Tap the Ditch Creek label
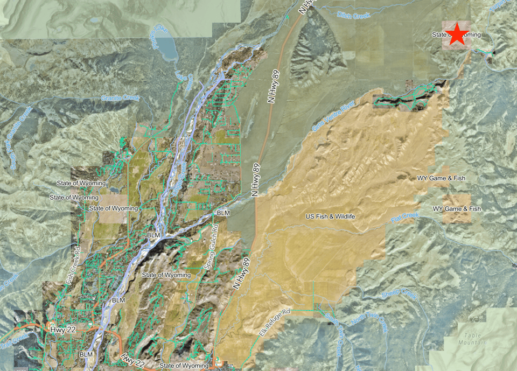coord(353,16)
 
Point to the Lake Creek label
coord(183,79)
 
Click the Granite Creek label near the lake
coord(120,98)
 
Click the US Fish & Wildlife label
coord(330,216)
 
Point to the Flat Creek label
coord(405,218)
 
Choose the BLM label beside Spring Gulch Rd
coord(223,213)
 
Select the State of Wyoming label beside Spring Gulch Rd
coord(166,275)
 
